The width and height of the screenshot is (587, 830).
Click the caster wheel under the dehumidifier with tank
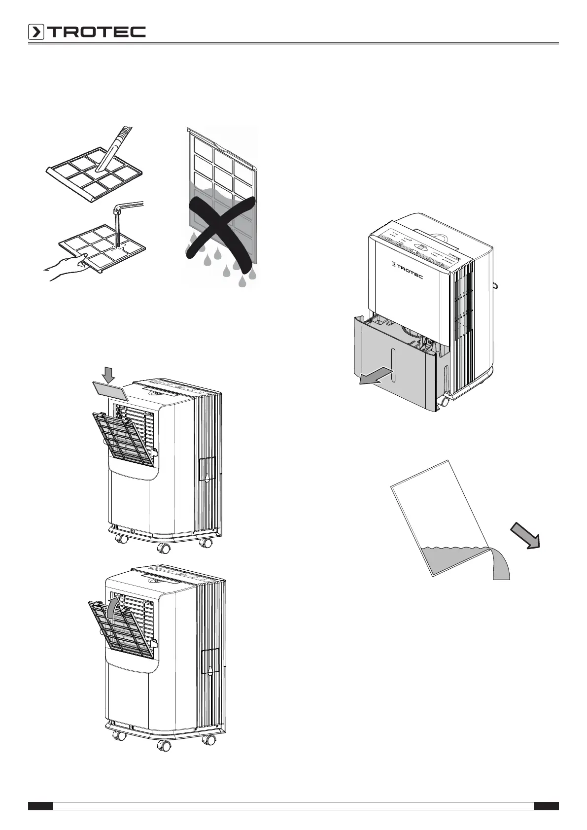click(x=445, y=402)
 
